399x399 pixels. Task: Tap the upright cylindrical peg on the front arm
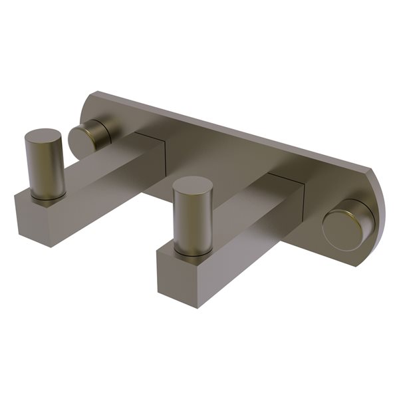(192, 215)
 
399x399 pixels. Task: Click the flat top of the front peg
(193, 186)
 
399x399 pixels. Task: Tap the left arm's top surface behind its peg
(100, 163)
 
